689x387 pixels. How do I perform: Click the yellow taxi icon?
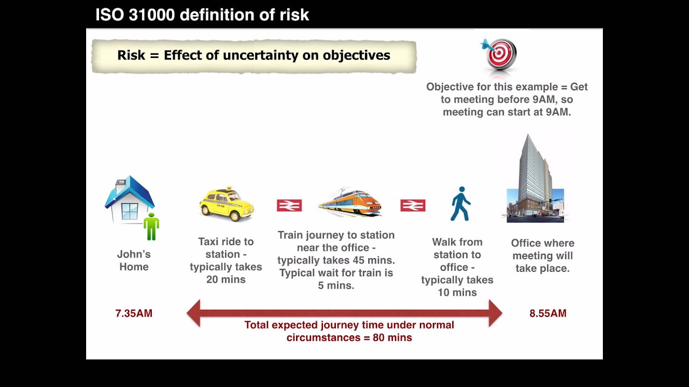(227, 204)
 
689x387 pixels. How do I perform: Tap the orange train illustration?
(350, 203)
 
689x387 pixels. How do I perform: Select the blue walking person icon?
(461, 204)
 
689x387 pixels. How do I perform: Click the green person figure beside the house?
(151, 226)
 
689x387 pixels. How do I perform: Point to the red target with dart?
(500, 54)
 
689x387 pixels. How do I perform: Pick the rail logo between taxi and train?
(289, 205)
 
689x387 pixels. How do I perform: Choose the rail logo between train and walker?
(413, 205)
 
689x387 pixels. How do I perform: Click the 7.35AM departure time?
(134, 313)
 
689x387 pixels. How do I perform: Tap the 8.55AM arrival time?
(548, 313)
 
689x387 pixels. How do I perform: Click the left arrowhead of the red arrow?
(193, 313)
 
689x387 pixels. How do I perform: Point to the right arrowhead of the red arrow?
(495, 313)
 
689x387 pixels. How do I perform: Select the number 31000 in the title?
(152, 15)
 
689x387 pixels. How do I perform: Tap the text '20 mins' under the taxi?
(226, 279)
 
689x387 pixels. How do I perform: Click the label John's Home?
(134, 260)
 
